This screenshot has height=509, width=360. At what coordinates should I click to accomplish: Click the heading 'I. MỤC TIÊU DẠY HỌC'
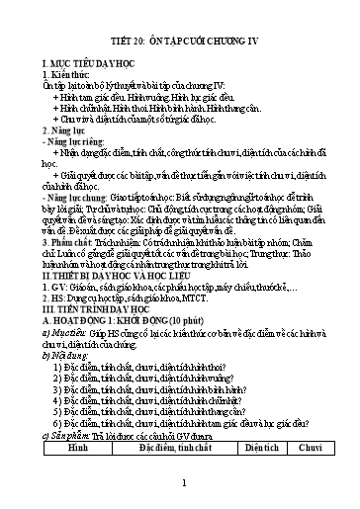click(78, 61)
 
